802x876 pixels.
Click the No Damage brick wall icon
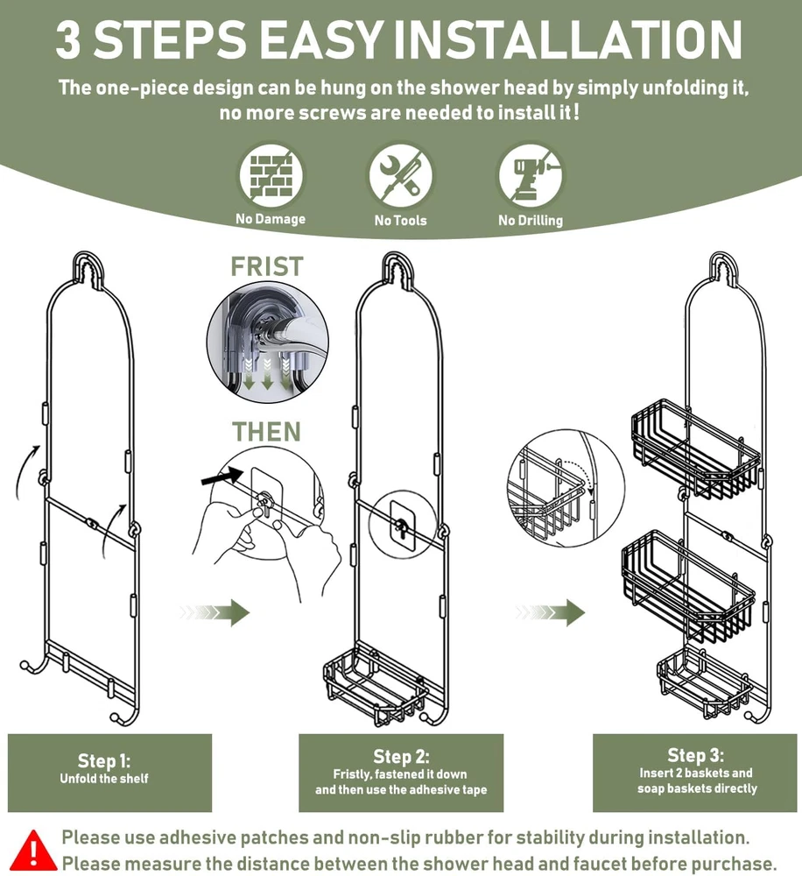click(x=271, y=176)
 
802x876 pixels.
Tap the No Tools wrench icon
click(x=400, y=176)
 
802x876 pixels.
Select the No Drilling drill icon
click(x=530, y=176)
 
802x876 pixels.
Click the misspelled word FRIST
click(x=267, y=266)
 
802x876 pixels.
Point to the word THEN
click(x=266, y=432)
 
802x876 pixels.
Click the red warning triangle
click(x=33, y=851)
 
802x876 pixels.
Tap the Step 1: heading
click(x=104, y=760)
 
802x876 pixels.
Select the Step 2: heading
click(x=401, y=756)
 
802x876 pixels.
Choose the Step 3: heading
click(x=695, y=755)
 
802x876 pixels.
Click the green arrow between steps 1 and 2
click(x=215, y=612)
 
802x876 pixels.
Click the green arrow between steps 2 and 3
click(x=550, y=612)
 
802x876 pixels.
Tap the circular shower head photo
click(x=268, y=342)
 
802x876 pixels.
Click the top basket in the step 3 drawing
click(x=696, y=448)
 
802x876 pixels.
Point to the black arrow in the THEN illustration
click(x=222, y=477)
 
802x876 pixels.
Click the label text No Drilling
click(x=531, y=220)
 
